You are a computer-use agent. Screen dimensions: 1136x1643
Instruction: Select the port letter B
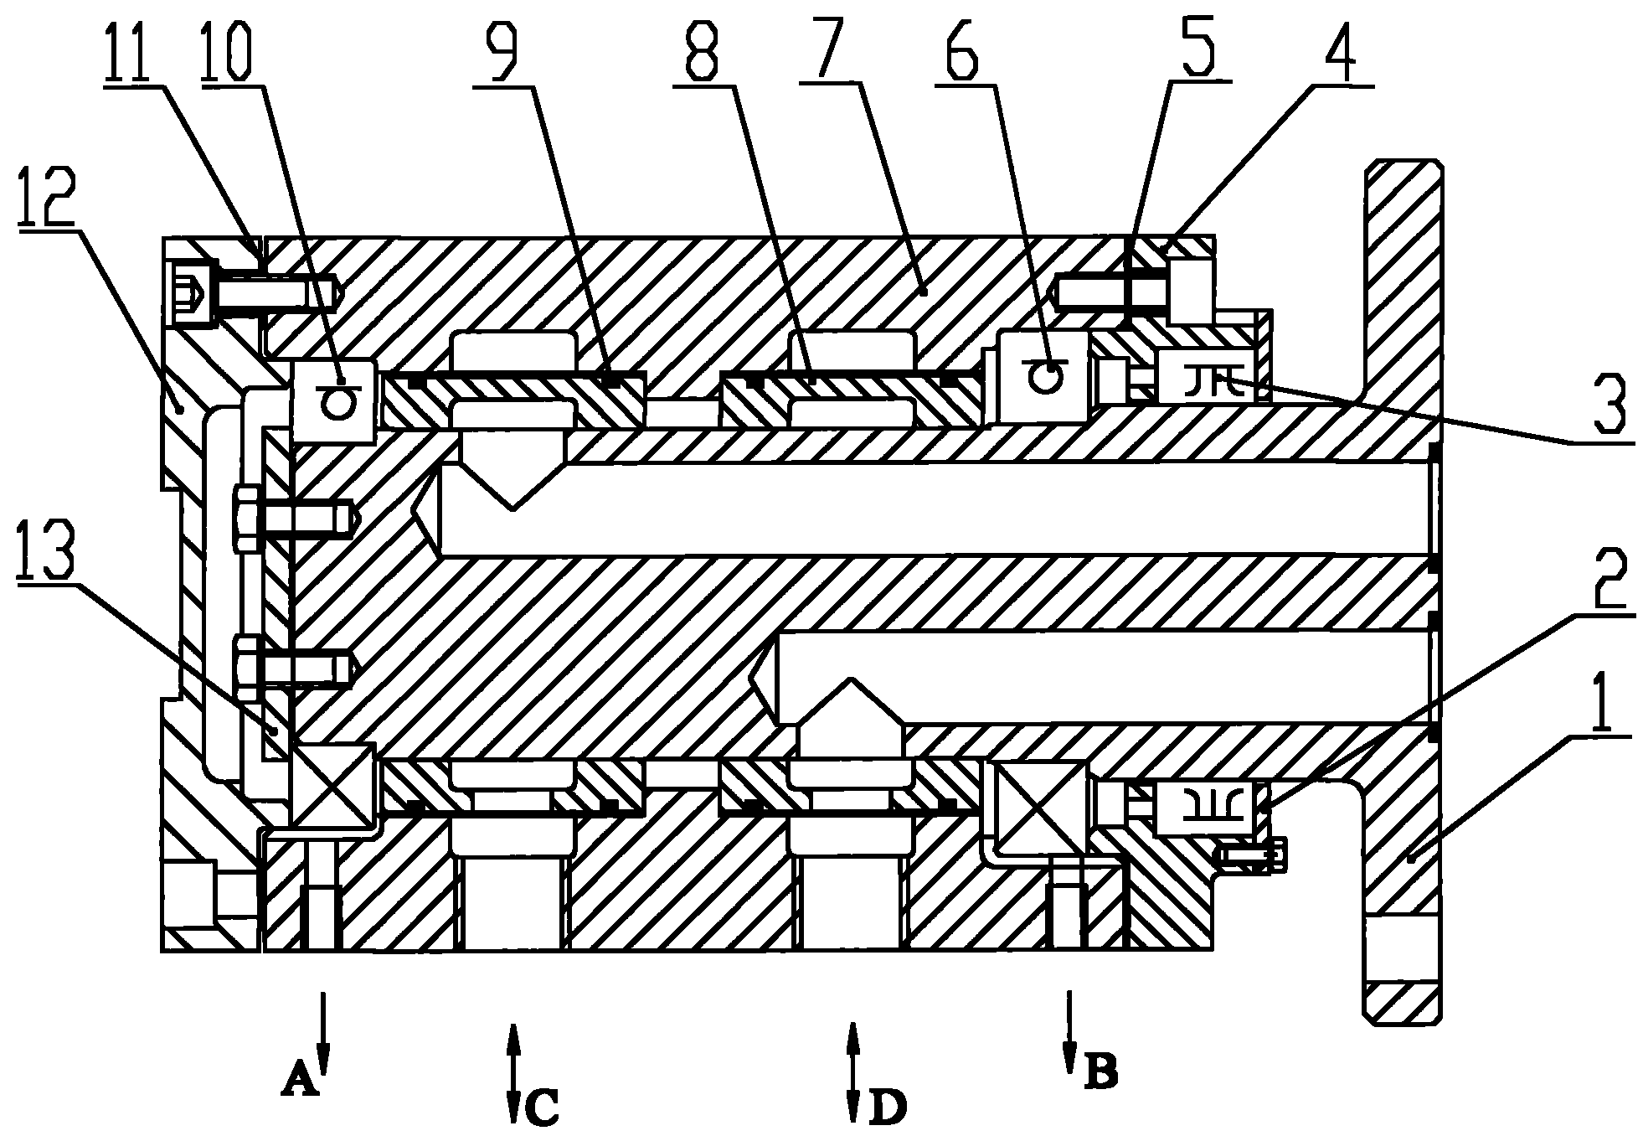tap(1100, 1069)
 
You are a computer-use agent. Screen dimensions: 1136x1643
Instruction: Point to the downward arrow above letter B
tap(1069, 1030)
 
